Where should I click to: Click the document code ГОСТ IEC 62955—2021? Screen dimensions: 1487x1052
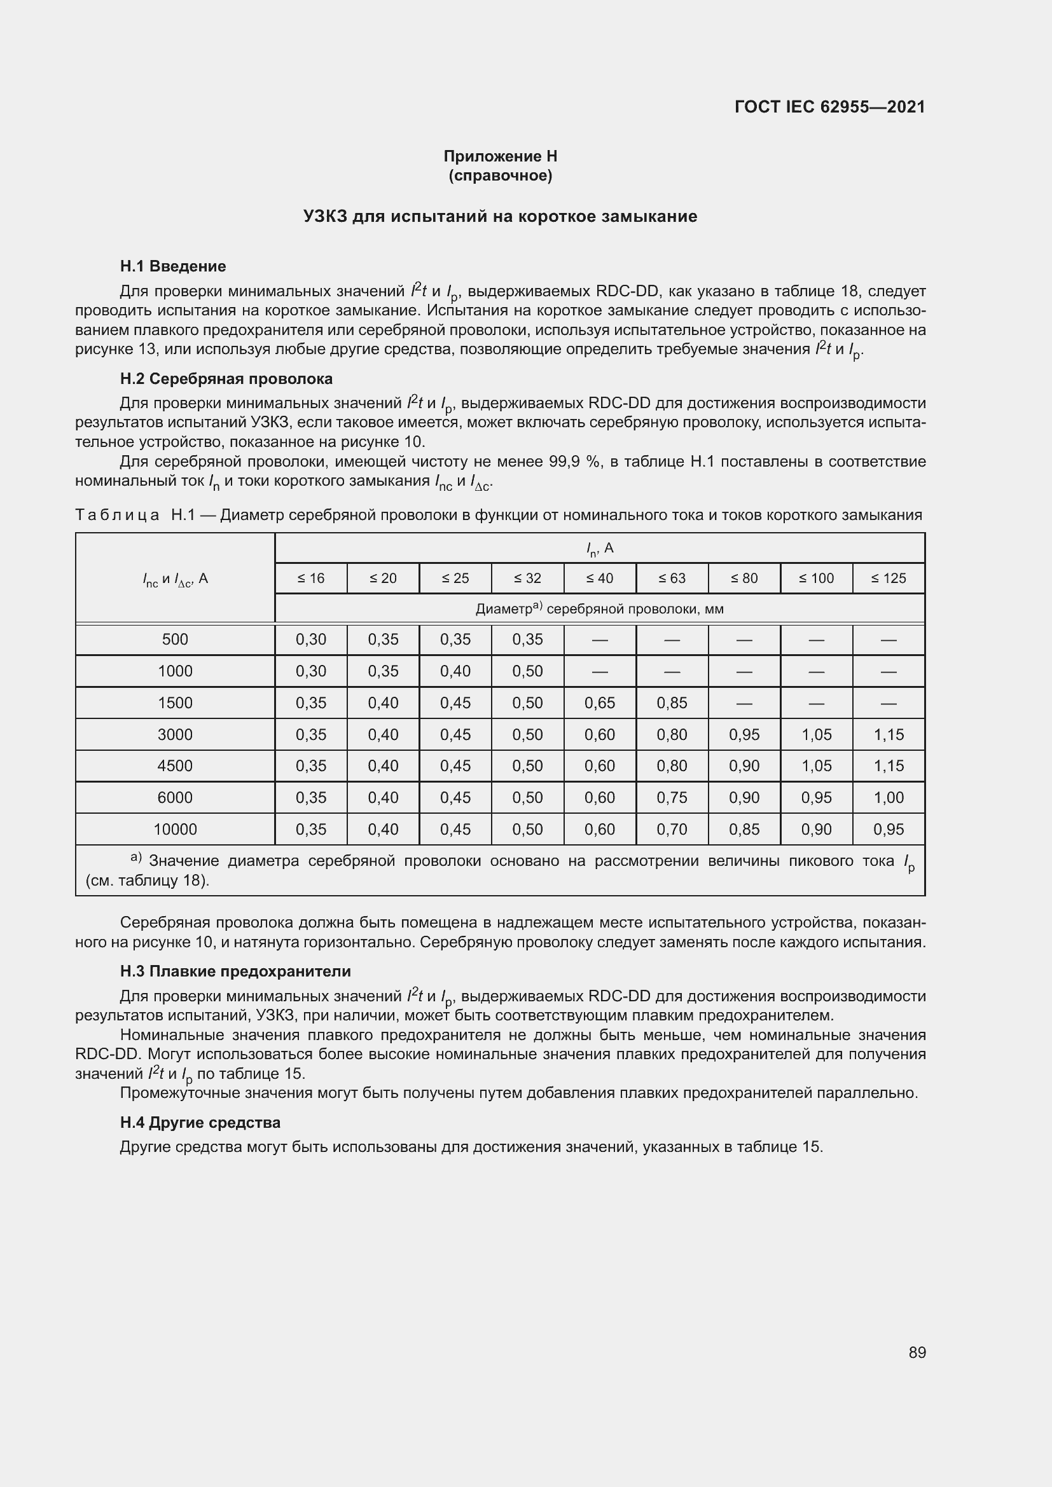830,107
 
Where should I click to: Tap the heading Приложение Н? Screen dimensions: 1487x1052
500,156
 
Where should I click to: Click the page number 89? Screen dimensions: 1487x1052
917,1352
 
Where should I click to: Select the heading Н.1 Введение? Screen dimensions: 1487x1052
173,266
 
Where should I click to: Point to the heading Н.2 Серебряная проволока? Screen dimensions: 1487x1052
226,379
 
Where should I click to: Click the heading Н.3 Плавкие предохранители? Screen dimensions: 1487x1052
235,971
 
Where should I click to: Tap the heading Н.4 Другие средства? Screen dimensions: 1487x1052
200,1122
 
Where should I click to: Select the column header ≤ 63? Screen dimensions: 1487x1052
672,579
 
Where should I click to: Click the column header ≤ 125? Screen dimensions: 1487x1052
888,579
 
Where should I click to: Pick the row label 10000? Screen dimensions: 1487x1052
175,829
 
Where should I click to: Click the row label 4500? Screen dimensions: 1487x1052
175,765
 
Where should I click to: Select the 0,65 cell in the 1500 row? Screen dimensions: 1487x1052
600,702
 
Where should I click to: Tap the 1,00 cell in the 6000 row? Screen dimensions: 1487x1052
888,797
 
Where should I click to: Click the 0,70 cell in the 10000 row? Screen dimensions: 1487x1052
672,829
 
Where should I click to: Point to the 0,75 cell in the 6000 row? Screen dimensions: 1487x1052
672,797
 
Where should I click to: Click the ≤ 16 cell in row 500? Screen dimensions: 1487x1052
311,639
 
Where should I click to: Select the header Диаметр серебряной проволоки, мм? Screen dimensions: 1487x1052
599,609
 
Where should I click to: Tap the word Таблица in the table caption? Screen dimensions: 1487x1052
117,515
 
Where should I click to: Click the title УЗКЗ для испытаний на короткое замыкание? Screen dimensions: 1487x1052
500,216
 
